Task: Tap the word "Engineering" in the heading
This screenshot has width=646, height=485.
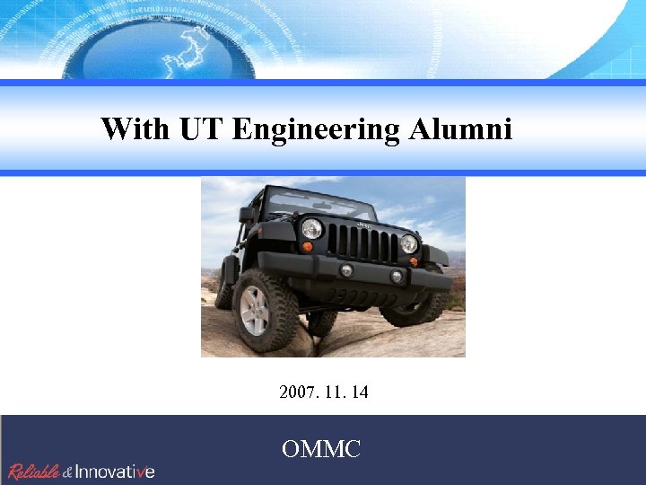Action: pos(316,129)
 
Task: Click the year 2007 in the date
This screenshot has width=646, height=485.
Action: pos(296,392)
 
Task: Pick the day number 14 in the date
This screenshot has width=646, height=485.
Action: pos(360,392)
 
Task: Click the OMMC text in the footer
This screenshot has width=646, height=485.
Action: pos(321,448)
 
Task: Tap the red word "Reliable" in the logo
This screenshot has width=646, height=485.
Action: pos(34,471)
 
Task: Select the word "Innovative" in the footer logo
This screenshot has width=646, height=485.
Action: pos(115,471)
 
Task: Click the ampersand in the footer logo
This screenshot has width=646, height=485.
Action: pos(67,472)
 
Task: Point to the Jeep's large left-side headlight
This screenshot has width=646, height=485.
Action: pos(311,228)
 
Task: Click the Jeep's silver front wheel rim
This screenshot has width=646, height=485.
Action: pos(255,310)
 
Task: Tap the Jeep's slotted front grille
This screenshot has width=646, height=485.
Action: pos(362,242)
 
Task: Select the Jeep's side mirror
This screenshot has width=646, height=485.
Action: pos(247,215)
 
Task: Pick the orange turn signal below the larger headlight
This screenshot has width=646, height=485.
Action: pos(308,247)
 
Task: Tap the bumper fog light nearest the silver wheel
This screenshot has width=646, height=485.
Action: pos(346,269)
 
